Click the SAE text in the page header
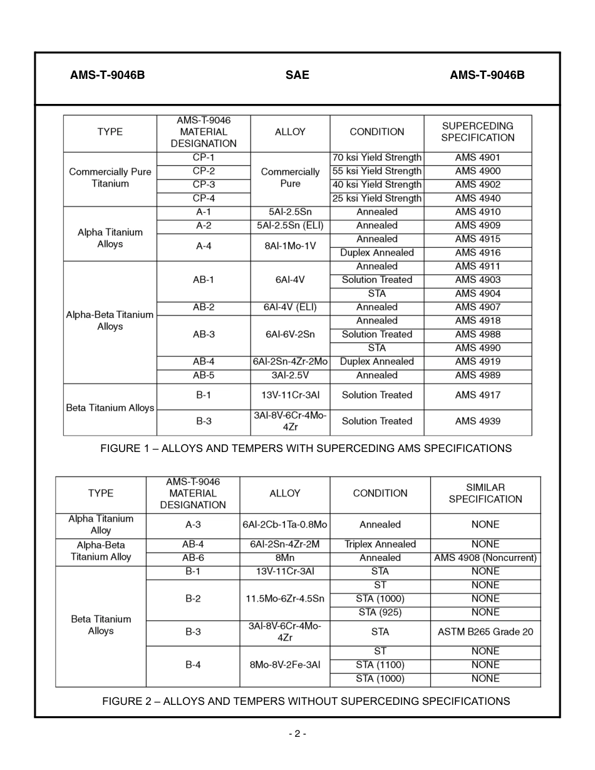pos(297,75)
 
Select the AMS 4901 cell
pos(477,158)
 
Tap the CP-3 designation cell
pos(204,185)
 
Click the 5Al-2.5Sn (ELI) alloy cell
pos(290,225)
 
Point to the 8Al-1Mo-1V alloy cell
pos(290,246)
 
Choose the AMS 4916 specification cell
pos(477,253)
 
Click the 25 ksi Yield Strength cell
pos(376,198)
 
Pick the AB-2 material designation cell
pos(204,307)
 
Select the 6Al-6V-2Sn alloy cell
pos(290,334)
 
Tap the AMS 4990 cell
pos(477,348)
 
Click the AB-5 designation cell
pos(204,376)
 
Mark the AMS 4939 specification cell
pos(477,421)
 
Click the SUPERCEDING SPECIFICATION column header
pos(477,132)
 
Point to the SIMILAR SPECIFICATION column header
pos(485,493)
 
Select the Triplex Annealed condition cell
pos(380,545)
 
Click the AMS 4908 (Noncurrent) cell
pos(485,558)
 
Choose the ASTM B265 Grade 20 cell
pos(485,632)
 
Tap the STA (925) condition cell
pos(380,612)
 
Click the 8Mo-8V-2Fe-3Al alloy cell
pos(285,665)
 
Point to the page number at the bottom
pos(297,734)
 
